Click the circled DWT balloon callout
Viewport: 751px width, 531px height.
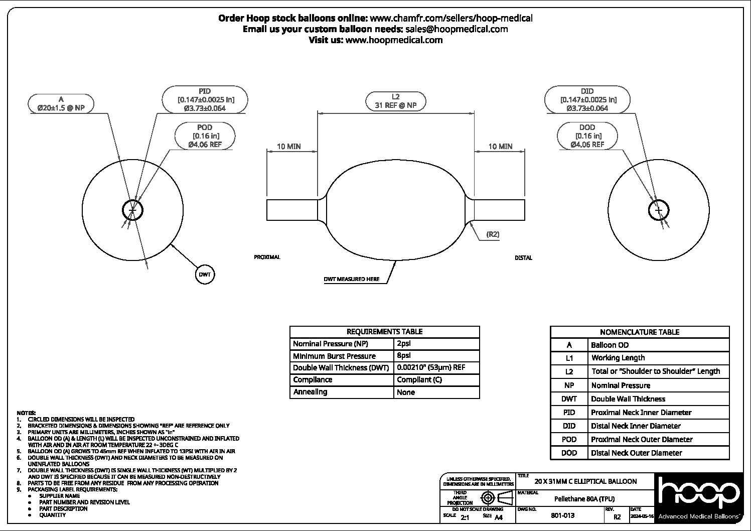pos(205,275)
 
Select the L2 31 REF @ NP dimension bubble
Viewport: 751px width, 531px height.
pos(395,101)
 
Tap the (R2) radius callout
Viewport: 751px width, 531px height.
pos(493,234)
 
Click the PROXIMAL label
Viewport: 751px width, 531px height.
pos(267,257)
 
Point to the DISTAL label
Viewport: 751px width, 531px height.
pos(523,257)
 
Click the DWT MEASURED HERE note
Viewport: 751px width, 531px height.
pos(351,279)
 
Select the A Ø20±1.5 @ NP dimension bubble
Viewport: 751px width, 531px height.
pos(61,103)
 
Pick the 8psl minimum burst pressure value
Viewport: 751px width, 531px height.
pos(403,356)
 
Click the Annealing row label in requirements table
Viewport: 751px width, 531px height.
pos(310,392)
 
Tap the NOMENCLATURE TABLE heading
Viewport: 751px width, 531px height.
pos(640,332)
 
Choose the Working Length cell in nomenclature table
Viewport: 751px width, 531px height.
pos(618,358)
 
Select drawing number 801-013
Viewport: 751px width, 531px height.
pos(562,515)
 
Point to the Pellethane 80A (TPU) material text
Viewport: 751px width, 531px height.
pos(584,499)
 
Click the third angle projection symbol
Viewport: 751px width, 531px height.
pos(494,498)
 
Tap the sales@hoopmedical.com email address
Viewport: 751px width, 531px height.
pos(457,29)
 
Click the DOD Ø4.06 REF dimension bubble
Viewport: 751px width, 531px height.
pos(587,136)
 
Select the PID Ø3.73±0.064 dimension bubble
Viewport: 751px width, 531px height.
pos(205,99)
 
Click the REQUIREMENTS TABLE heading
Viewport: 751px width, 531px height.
pos(384,332)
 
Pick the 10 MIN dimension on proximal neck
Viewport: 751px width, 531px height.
pos(289,147)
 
